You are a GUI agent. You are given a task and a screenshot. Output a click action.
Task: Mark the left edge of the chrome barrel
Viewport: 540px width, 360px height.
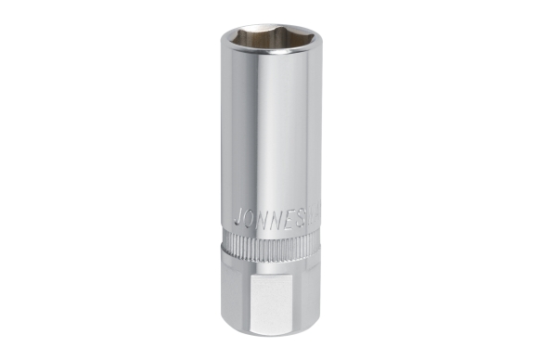[223, 139]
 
